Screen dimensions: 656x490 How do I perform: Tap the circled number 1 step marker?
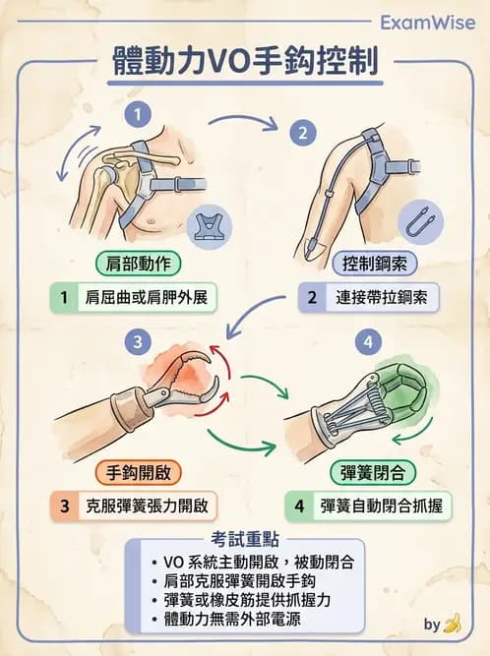point(142,114)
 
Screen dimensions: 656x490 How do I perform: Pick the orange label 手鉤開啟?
point(138,472)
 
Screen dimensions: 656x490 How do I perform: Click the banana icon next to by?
point(452,624)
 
